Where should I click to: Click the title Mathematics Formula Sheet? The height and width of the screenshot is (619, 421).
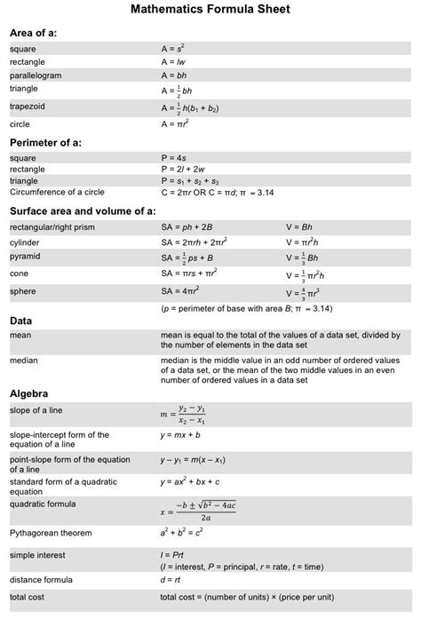pos(210,11)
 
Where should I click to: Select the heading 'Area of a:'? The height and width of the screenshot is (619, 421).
pos(33,33)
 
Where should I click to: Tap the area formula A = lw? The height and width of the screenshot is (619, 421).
pos(174,62)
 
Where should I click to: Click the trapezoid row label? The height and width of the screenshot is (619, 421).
pos(27,107)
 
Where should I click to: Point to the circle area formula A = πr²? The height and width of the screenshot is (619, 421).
pos(176,124)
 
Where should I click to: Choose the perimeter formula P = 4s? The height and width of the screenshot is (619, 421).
pos(174,157)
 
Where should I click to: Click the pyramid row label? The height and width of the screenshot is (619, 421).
pos(25,257)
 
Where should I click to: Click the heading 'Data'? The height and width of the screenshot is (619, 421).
pos(20,320)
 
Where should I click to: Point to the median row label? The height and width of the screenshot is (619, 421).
pos(24,361)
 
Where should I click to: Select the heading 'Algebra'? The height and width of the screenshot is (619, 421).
pos(28,393)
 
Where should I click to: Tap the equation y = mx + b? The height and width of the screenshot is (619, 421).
pos(180,436)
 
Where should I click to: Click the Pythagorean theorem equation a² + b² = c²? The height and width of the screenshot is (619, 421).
pos(182,534)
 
